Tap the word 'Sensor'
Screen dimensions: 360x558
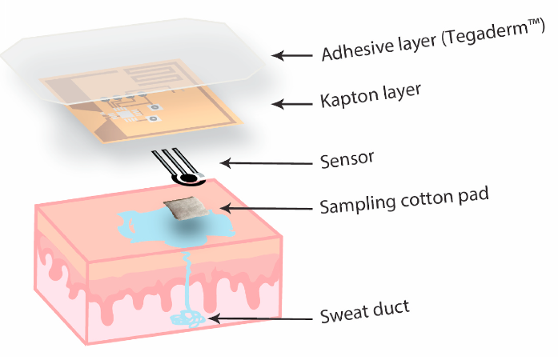coord(346,158)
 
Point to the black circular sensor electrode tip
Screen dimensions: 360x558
coord(190,177)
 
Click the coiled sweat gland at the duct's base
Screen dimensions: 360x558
coord(187,318)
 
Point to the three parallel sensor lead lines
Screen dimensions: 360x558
coord(171,161)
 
